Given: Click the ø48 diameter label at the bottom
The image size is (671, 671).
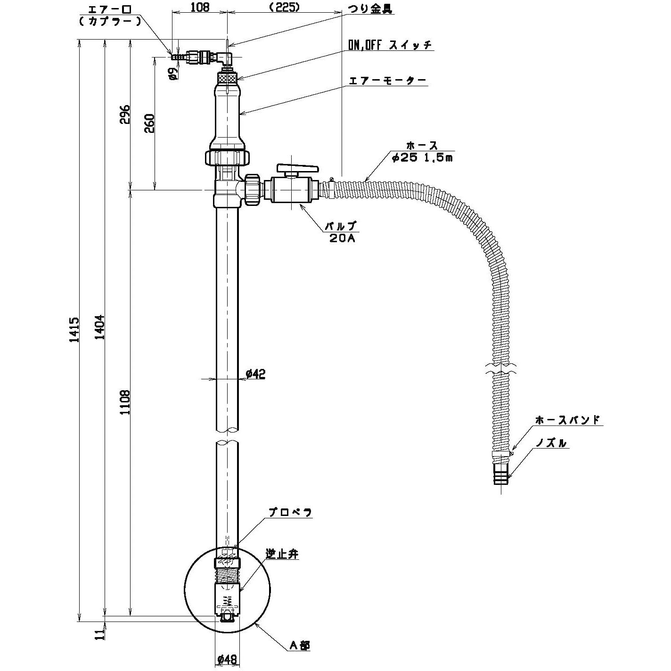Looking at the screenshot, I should (x=227, y=659).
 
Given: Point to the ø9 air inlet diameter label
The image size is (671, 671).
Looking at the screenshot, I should (x=173, y=73).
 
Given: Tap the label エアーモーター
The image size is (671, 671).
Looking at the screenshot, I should (x=387, y=81).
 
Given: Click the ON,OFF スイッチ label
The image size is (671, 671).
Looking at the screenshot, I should (x=390, y=45).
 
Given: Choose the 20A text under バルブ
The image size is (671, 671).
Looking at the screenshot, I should (x=343, y=238).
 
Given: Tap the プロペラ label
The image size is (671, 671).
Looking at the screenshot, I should (x=290, y=513).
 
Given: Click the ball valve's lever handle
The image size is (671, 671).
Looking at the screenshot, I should (x=298, y=168).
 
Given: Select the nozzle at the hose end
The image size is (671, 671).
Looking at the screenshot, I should (x=500, y=474).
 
